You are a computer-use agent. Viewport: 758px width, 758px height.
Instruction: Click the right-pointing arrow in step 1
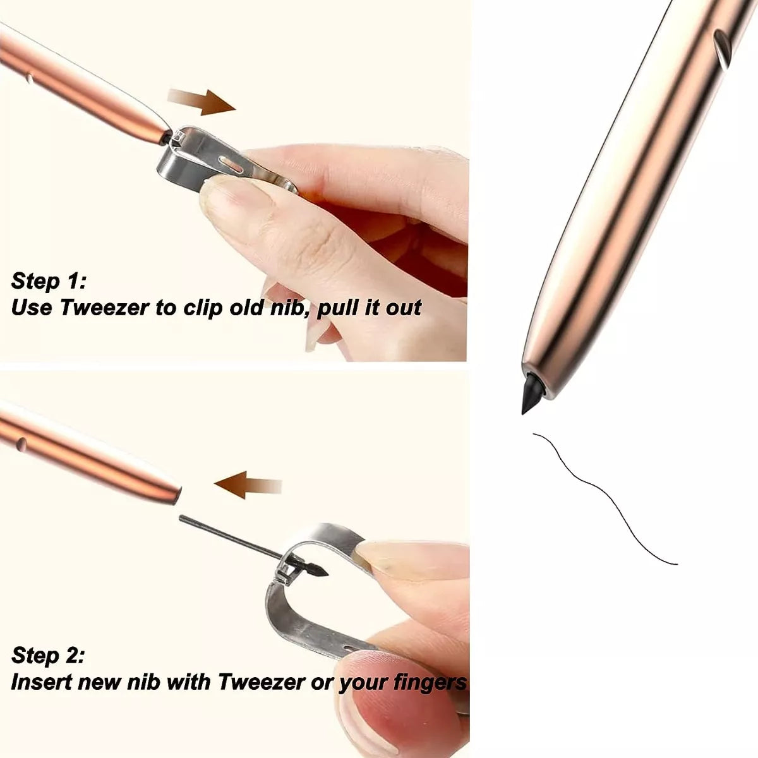[x=202, y=102]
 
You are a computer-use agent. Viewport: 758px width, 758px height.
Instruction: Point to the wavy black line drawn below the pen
[x=605, y=499]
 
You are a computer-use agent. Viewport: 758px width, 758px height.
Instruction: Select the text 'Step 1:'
[x=49, y=281]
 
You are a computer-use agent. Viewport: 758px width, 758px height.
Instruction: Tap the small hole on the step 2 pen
[x=22, y=443]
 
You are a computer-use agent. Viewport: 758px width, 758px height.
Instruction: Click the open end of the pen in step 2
[x=176, y=496]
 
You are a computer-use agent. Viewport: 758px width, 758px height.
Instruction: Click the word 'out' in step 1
[x=404, y=307]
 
